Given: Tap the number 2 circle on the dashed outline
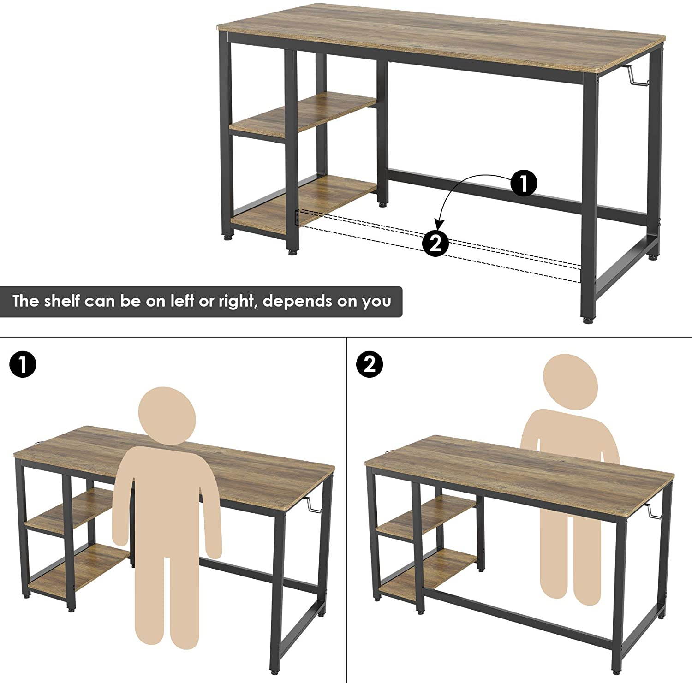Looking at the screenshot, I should (435, 243).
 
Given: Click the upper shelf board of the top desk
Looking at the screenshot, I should (303, 113).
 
